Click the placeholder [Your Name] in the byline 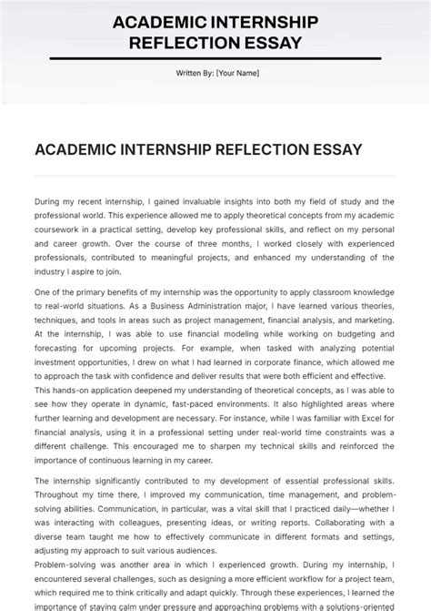[x=237, y=74]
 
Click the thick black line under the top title [x=215, y=59]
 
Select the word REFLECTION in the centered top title [x=181, y=42]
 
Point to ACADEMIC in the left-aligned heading [x=75, y=149]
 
